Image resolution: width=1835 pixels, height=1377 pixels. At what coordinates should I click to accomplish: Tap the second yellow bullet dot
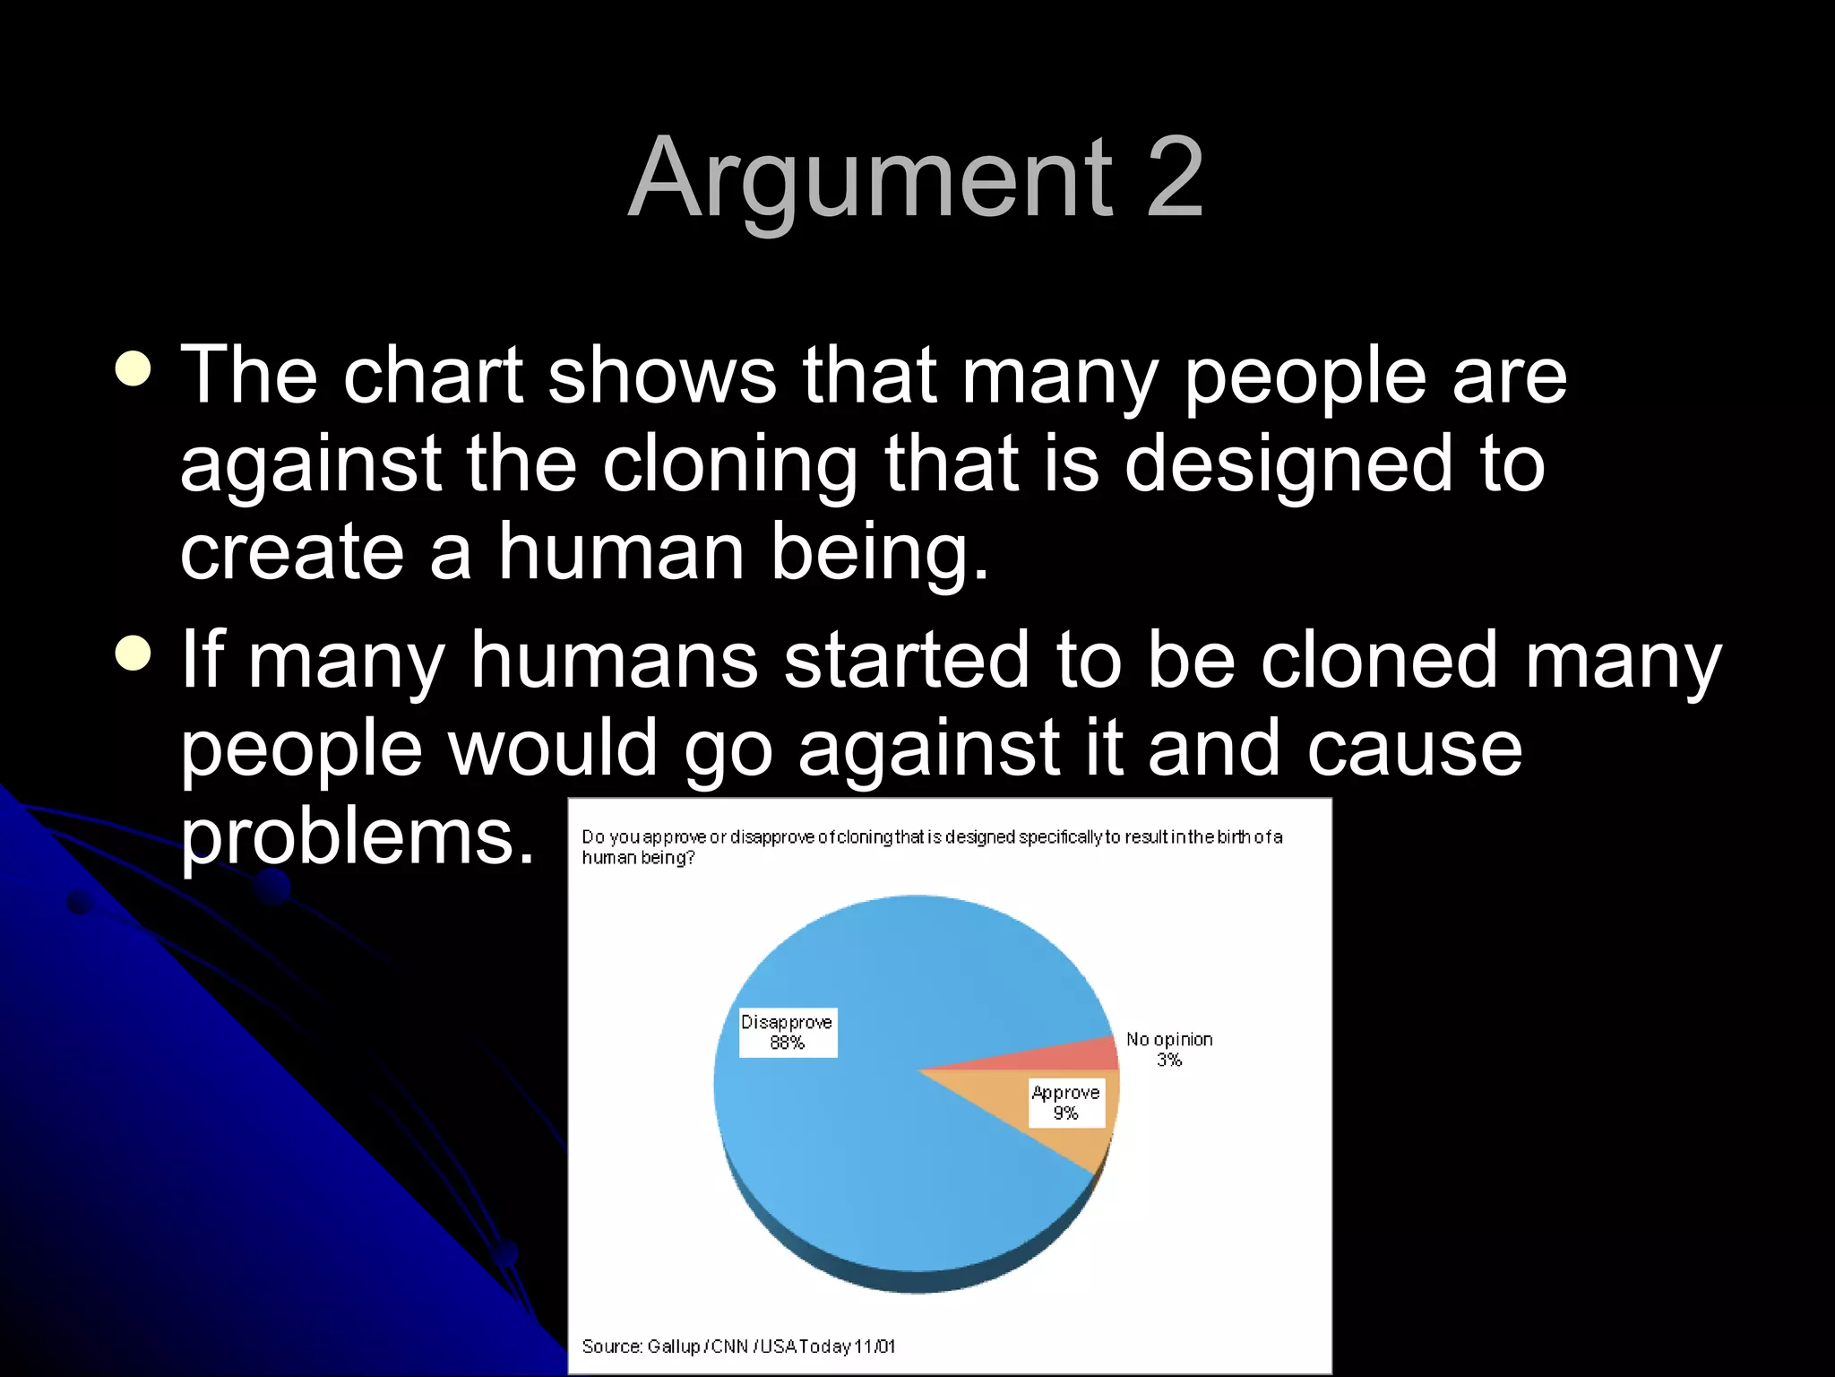[x=134, y=653]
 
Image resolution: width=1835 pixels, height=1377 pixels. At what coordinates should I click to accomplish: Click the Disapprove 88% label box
[x=788, y=1033]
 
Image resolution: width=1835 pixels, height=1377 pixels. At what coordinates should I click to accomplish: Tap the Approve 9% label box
[x=1065, y=1103]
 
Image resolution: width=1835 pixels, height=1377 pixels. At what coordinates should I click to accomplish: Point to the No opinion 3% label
[x=1169, y=1049]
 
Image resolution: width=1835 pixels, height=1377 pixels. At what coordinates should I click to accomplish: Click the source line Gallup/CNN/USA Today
[x=738, y=1346]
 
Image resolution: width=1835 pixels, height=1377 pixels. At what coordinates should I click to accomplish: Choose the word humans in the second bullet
[x=615, y=661]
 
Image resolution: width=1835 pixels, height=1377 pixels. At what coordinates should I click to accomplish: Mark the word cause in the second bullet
[x=1415, y=749]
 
